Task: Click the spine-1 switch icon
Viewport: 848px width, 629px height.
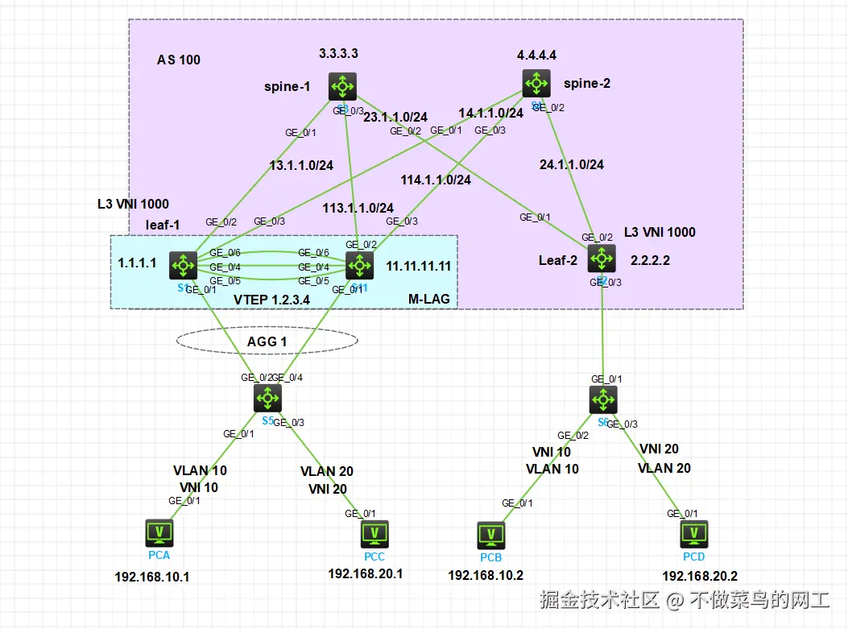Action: pos(343,86)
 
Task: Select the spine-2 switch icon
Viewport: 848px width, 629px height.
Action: pos(535,81)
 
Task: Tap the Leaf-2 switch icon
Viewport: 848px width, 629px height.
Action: pos(601,259)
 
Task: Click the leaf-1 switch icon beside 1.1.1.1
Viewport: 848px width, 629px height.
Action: pos(183,264)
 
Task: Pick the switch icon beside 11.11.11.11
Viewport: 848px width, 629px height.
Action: pos(359,264)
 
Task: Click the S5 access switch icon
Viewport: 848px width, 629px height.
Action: pos(267,398)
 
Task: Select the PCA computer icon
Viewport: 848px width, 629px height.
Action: pos(159,532)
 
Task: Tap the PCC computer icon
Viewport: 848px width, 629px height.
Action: pos(374,533)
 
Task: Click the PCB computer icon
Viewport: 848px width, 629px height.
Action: pos(490,535)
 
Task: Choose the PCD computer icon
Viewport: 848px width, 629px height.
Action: pos(693,533)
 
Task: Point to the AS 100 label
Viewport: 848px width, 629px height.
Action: pos(179,60)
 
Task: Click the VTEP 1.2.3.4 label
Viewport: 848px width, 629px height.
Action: pos(271,300)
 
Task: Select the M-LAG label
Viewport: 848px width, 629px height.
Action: pos(428,300)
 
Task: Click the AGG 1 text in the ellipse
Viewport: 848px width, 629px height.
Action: pos(267,341)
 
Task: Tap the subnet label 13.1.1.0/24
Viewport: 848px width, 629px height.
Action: pos(300,166)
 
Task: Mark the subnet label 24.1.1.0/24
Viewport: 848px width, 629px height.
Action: pos(571,164)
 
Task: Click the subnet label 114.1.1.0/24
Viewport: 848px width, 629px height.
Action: pos(436,180)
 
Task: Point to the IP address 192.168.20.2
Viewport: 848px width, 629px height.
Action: pos(699,576)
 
